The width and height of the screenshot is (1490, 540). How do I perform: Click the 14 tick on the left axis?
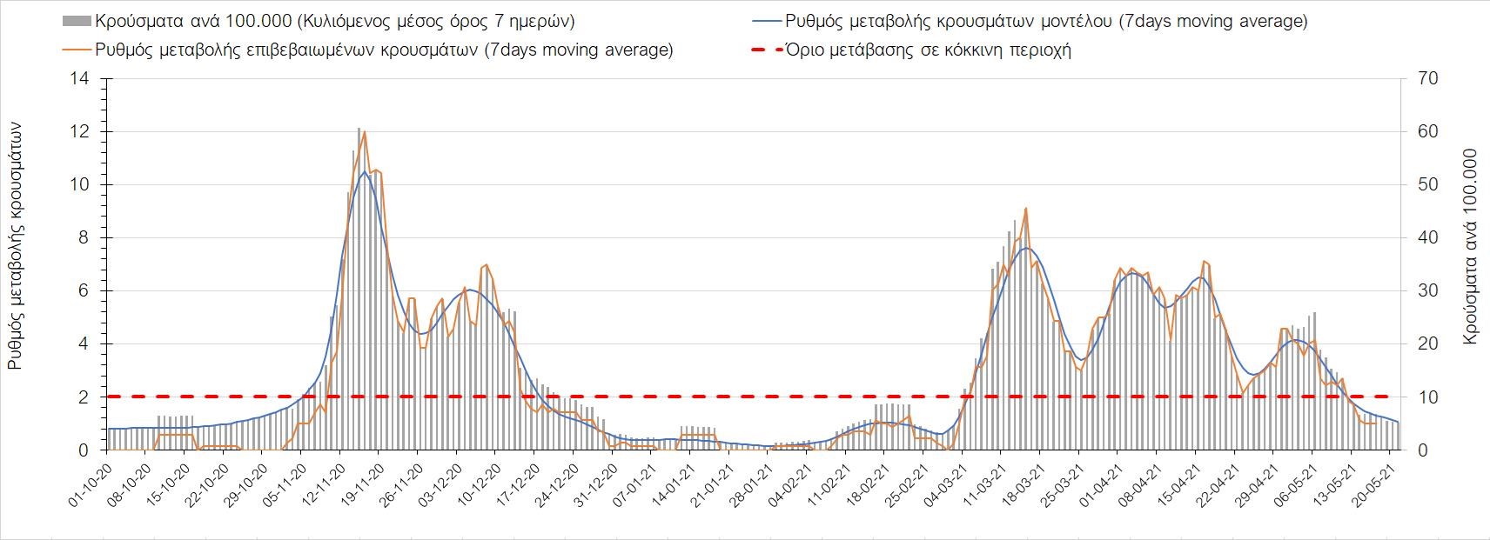pos(81,79)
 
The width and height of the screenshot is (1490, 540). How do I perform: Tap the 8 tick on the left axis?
pos(84,238)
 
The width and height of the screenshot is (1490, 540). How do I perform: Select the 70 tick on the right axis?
pos(1428,79)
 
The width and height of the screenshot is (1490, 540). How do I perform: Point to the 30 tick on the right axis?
pos(1428,291)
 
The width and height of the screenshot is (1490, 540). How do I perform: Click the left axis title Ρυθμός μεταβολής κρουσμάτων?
pos(16,246)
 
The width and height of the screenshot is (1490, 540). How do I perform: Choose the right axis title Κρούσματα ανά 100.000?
pos(1471,246)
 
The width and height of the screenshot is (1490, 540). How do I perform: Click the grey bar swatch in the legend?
pos(77,21)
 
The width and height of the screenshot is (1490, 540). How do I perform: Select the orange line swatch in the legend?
pos(77,50)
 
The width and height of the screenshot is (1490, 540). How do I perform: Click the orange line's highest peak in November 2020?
pos(364,131)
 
